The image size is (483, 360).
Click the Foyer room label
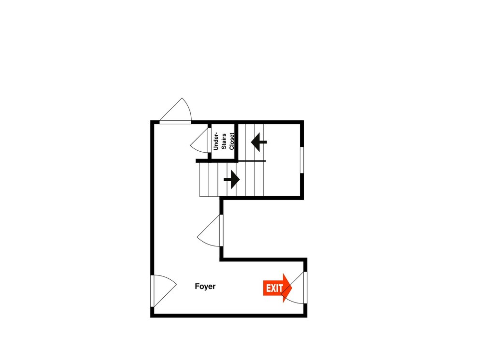click(x=205, y=287)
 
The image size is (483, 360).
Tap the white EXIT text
click(x=274, y=288)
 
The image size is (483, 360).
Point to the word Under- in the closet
click(x=215, y=141)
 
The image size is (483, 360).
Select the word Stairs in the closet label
click(x=224, y=141)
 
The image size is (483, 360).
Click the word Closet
click(x=232, y=141)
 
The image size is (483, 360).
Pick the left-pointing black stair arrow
click(x=259, y=142)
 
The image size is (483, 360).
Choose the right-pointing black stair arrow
click(x=232, y=179)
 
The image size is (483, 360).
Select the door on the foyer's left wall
click(x=164, y=291)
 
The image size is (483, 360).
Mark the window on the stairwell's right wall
click(x=302, y=160)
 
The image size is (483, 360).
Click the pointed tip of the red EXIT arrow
click(x=292, y=288)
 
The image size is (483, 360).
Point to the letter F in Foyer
click(x=197, y=287)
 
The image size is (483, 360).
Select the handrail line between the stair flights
click(x=252, y=161)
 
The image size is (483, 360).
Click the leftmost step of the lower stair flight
click(x=204, y=179)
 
